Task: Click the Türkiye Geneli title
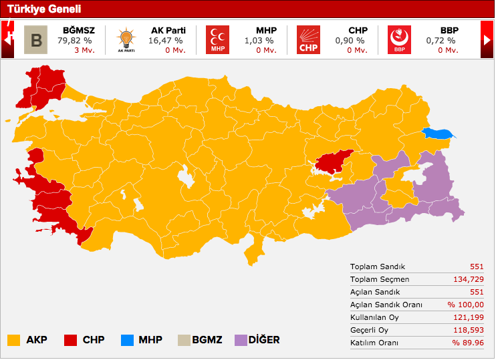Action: [x=44, y=9]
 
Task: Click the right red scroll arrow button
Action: [x=487, y=39]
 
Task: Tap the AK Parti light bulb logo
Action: [x=125, y=39]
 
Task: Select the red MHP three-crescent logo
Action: [x=217, y=39]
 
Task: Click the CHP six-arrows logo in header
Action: [x=308, y=39]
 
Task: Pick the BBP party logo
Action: [x=399, y=39]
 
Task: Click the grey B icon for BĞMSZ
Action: [x=35, y=39]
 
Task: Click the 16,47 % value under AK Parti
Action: [x=165, y=40]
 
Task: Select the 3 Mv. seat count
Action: [x=84, y=50]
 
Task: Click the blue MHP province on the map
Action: [x=439, y=134]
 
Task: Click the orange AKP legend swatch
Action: [x=13, y=340]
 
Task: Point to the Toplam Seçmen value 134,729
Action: [x=466, y=279]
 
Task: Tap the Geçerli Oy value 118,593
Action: [x=466, y=330]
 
